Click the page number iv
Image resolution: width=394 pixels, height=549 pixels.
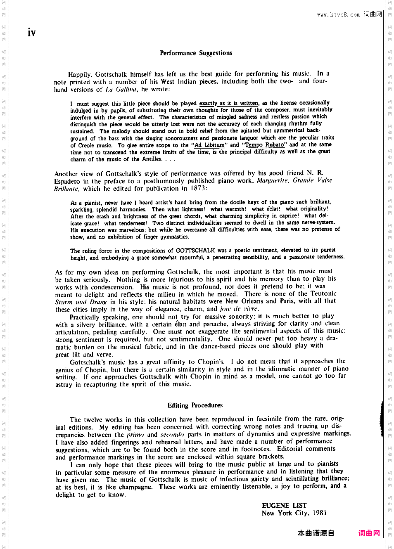(x=31, y=32)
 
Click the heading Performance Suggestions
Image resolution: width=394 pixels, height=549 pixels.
(x=196, y=53)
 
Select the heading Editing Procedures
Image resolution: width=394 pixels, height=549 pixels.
(x=195, y=405)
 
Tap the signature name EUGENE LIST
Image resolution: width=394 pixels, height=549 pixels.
(x=284, y=505)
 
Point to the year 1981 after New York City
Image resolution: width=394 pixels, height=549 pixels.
(x=319, y=513)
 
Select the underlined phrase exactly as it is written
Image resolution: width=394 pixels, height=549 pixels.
(x=229, y=103)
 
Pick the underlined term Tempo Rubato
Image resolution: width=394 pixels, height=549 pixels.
(x=265, y=145)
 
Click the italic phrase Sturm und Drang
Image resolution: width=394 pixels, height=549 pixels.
(x=81, y=302)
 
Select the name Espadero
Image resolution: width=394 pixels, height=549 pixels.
(x=67, y=181)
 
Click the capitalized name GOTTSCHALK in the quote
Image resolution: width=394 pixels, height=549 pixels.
(x=195, y=251)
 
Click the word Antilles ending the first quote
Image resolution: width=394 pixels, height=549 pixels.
(x=152, y=159)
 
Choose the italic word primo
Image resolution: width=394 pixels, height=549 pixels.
(x=135, y=434)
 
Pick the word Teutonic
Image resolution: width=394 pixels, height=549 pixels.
(x=323, y=294)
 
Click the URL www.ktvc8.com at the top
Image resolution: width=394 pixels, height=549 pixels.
(x=338, y=14)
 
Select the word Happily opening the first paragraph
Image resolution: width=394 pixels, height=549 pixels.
(x=79, y=74)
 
